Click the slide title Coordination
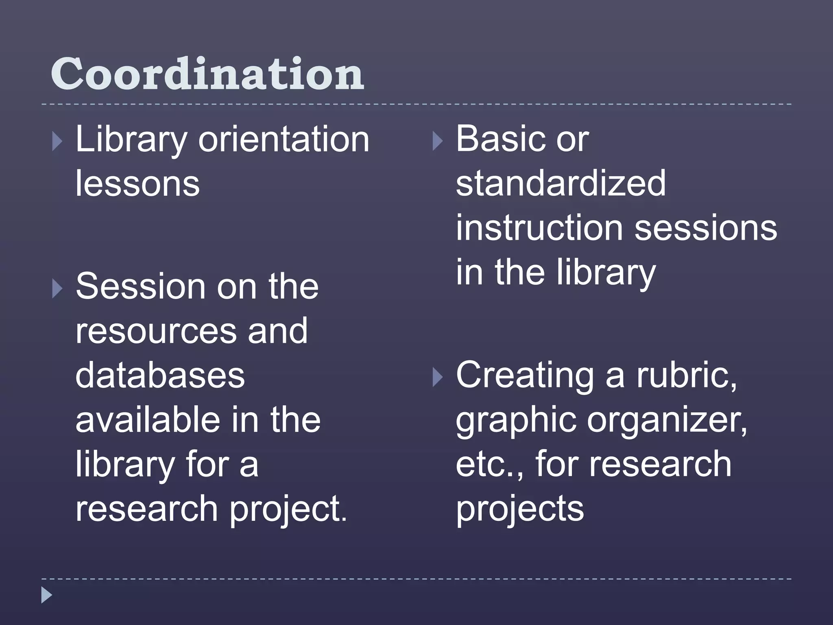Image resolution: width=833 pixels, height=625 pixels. coord(207,74)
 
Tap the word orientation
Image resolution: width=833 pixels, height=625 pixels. coord(283,140)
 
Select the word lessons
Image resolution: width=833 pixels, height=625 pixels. coord(137,184)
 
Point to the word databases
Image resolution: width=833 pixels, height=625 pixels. coord(160,375)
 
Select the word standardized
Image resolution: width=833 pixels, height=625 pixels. coord(560,184)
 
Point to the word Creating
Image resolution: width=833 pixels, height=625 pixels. coord(525,376)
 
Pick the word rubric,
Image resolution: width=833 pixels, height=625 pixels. coord(687,375)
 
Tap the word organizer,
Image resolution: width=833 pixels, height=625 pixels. coord(667,421)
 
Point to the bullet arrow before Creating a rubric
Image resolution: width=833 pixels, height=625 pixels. coord(437,378)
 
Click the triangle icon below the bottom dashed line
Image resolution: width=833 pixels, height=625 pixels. coord(47,595)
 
